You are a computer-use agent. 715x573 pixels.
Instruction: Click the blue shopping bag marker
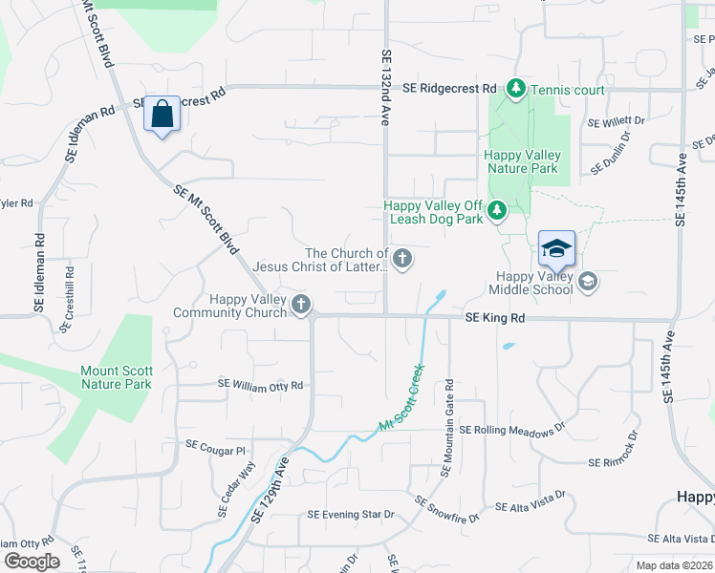tap(162, 115)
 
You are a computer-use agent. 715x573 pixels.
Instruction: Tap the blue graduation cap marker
tap(556, 250)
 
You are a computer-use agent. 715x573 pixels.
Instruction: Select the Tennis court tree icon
tap(516, 89)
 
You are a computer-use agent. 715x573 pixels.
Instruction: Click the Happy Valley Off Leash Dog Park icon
tap(496, 210)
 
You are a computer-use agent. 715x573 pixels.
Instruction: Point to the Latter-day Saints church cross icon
tap(403, 257)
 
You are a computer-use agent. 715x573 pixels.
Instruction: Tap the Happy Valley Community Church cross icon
tap(301, 305)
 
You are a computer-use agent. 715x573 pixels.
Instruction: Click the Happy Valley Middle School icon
tap(588, 280)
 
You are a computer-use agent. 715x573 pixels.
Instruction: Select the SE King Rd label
tap(495, 317)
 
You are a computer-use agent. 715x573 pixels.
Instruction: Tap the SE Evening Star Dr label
tap(351, 514)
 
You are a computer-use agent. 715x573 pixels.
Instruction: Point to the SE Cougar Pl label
tap(216, 446)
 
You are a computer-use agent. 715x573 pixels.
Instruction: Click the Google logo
tap(32, 562)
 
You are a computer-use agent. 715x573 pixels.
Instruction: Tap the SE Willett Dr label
tap(616, 122)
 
